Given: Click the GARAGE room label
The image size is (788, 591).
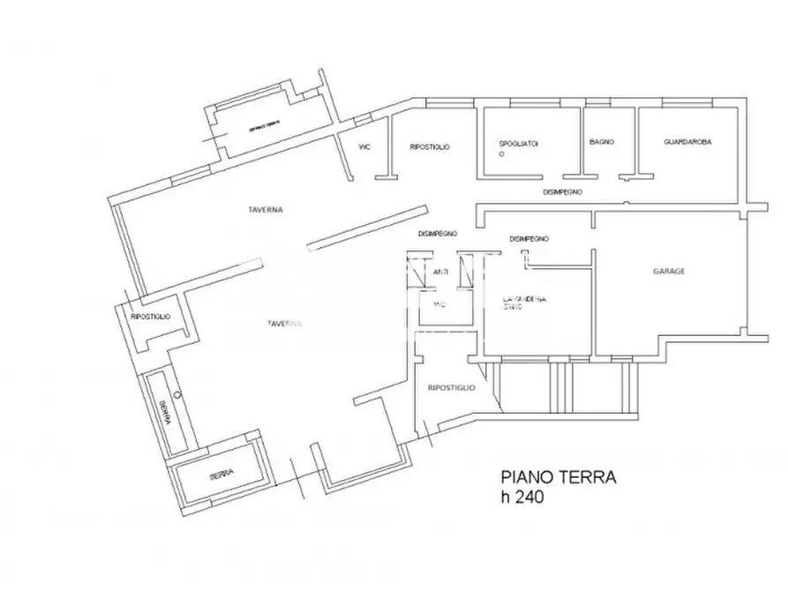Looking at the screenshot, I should coord(669,272).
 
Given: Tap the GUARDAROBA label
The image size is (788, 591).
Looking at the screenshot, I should coord(688,142).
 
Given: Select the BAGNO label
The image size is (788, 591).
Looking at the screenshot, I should coord(602,142).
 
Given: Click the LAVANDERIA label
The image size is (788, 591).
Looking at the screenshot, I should coord(524,300).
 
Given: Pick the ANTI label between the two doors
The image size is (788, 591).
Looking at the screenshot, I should coord(441,273).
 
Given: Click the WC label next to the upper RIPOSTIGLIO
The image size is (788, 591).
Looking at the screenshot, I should coord(364,147).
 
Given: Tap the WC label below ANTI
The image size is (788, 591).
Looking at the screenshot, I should coord(439,303).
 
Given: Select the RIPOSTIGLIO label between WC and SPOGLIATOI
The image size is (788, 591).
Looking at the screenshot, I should coord(430,147).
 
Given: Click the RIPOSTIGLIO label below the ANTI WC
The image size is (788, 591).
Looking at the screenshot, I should coord(451,387).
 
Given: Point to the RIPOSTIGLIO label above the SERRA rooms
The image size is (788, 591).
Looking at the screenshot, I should coord(150,317).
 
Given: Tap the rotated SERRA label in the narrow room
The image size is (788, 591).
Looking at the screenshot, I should coord(163,413).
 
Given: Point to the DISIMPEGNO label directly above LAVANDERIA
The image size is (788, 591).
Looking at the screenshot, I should coord(529,239).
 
